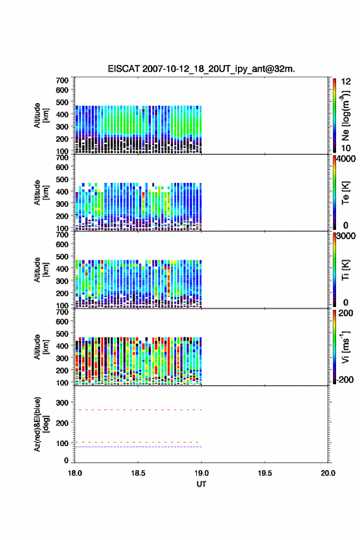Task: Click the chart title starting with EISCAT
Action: pos(201,69)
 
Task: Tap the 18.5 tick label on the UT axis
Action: pos(138,473)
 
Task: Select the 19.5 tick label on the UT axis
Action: pos(265,473)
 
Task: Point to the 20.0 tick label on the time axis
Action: pos(328,473)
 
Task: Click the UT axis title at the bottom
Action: pos(201,484)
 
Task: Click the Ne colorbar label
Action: pos(345,116)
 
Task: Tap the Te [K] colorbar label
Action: pos(345,193)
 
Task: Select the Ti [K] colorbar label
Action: pos(345,270)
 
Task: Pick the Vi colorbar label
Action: pos(345,347)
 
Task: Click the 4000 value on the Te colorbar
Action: pos(346,159)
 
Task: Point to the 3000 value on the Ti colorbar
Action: pos(346,236)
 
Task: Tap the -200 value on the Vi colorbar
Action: pos(345,379)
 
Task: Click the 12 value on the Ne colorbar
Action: pos(346,82)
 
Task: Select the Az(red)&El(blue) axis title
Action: pos(41,424)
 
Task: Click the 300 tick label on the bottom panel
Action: pos(63,403)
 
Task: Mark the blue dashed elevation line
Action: pos(138,447)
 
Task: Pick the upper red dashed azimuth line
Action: pos(138,410)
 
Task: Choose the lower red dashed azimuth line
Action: pos(137,442)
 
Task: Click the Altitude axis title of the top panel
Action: pos(41,115)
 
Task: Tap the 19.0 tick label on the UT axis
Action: pos(201,473)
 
